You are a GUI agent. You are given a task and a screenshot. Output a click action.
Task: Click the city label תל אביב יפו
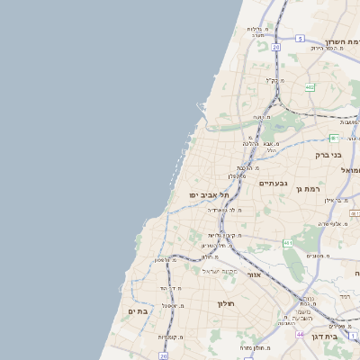(208, 194)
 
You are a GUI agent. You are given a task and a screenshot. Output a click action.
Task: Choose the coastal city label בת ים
(137, 310)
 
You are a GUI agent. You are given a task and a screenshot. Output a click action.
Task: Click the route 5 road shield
(300, 39)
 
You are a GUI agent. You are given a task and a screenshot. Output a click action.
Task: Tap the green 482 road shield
(309, 87)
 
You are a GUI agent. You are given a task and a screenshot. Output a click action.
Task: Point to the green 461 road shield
(333, 138)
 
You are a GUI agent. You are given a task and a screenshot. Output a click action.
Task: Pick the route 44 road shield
(300, 334)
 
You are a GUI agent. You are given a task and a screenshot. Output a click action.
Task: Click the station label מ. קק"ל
(274, 80)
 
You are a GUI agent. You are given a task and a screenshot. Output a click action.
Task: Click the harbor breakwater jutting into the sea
(202, 107)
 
